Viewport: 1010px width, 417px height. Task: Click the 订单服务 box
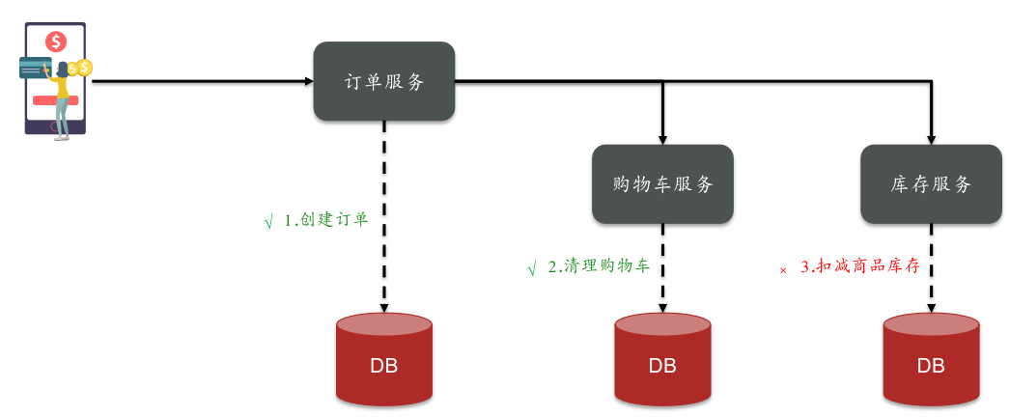point(383,81)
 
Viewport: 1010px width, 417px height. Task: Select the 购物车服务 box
point(662,184)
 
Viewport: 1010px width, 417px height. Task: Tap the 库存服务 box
point(931,184)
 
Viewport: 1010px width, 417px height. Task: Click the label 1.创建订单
point(326,219)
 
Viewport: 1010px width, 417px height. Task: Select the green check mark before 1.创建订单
point(268,222)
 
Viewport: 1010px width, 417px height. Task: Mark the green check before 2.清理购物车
point(531,269)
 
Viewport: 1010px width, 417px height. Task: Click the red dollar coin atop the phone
point(56,41)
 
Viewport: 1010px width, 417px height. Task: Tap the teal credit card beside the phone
point(35,68)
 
